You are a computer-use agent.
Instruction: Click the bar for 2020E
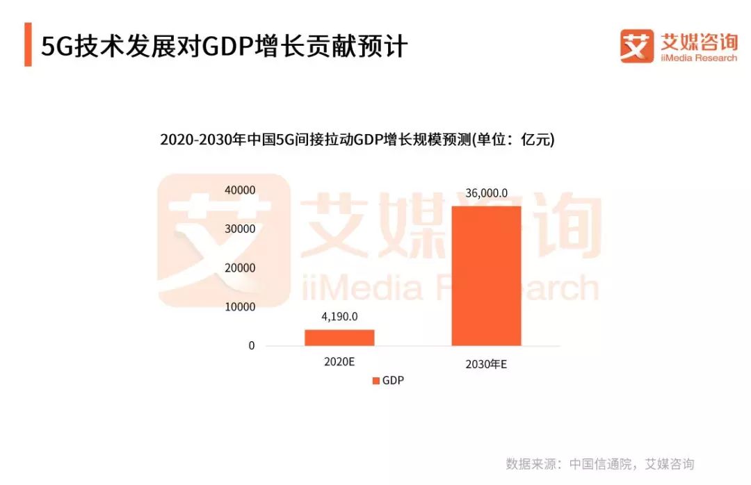[339, 337]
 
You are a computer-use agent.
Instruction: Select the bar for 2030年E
[486, 276]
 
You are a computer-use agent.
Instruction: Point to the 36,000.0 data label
[486, 193]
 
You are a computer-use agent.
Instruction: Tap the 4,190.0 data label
[339, 317]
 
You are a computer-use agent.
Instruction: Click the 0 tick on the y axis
[252, 345]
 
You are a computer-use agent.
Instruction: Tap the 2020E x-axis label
[339, 362]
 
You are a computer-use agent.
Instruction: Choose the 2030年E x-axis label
[486, 363]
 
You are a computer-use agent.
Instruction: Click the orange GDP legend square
[376, 381]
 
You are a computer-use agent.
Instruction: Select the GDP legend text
[393, 381]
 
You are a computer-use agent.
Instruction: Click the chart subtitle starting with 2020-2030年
[357, 140]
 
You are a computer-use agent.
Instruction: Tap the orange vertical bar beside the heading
[28, 44]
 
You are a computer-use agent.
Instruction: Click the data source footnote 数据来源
[599, 464]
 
